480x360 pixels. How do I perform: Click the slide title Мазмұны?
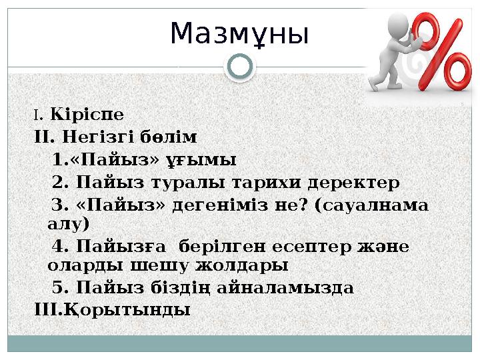coord(239,34)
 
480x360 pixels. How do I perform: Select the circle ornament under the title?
coord(240,67)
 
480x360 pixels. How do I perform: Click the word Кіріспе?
coord(87,115)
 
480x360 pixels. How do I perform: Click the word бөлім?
coord(169,139)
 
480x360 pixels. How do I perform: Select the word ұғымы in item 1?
coord(211,161)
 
